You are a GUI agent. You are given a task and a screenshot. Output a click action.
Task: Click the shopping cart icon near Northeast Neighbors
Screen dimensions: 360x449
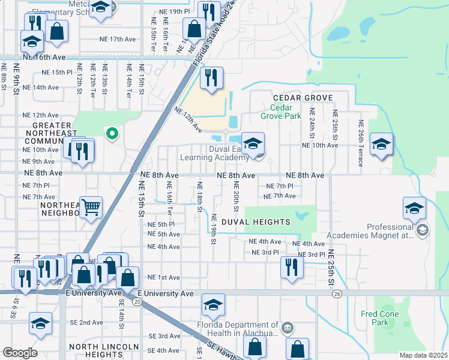pyautogui.click(x=91, y=208)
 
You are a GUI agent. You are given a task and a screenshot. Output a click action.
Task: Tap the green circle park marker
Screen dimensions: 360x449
pyautogui.click(x=110, y=134)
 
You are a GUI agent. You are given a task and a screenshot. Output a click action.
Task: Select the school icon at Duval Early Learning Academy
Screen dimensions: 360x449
pyautogui.click(x=254, y=145)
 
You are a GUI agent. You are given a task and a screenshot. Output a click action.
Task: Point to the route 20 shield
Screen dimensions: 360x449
pyautogui.click(x=137, y=302)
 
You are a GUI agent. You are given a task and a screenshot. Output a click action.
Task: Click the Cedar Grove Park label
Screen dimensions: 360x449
pyautogui.click(x=280, y=112)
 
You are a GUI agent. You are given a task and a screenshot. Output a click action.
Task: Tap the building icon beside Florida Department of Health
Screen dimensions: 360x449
pyautogui.click(x=288, y=328)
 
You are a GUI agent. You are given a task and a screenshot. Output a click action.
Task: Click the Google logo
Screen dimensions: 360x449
pyautogui.click(x=20, y=353)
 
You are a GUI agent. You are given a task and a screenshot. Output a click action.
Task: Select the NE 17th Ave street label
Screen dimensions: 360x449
pyautogui.click(x=118, y=39)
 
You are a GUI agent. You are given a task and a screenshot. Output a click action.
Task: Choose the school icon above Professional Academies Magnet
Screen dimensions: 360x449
pyautogui.click(x=414, y=209)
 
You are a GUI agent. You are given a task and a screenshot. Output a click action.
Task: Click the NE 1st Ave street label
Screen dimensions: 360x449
pyautogui.click(x=164, y=277)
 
